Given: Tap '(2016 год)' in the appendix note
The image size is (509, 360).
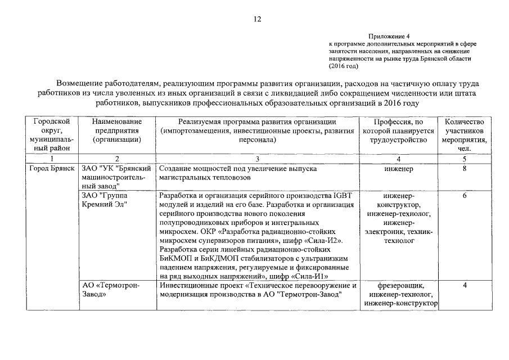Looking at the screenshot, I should click(344, 66).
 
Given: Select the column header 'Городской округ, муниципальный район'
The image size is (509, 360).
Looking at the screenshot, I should click(52, 134).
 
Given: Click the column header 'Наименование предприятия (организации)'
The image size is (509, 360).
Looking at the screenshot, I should click(117, 130).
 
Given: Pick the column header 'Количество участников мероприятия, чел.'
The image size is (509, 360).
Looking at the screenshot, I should click(464, 134).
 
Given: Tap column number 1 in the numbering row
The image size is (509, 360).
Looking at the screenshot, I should click(52, 159).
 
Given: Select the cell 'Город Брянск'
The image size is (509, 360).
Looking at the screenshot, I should click(52, 168).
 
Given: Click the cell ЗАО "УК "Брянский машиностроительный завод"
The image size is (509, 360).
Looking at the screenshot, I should click(117, 177).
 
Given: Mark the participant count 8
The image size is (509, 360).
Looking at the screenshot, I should click(464, 168).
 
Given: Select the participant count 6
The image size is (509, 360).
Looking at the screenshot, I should click(464, 196).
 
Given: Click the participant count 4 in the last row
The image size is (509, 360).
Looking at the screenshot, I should click(464, 286).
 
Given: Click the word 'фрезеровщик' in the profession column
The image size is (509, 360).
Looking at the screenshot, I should click(397, 286).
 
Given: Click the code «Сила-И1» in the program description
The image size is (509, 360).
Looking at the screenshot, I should click(309, 276).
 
